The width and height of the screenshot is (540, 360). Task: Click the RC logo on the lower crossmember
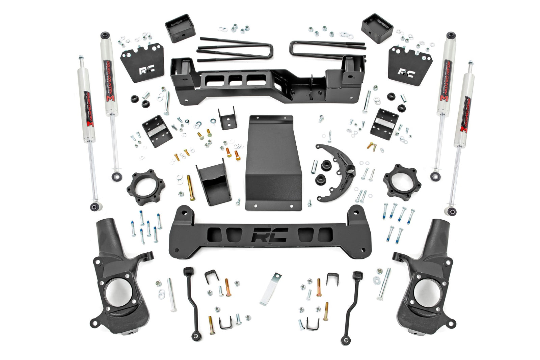(270, 235)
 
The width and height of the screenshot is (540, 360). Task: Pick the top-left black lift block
(180, 28)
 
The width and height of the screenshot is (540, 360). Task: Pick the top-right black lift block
(377, 28)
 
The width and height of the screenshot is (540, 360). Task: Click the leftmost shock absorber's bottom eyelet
(94, 205)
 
